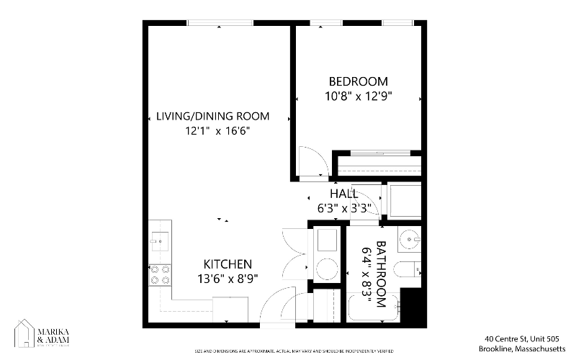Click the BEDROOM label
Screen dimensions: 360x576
(358, 81)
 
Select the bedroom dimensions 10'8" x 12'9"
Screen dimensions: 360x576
(358, 95)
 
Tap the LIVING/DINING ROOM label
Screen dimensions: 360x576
(213, 117)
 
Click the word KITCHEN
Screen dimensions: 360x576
(228, 264)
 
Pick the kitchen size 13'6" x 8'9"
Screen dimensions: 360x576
(228, 278)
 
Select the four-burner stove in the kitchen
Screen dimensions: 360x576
(160, 274)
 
